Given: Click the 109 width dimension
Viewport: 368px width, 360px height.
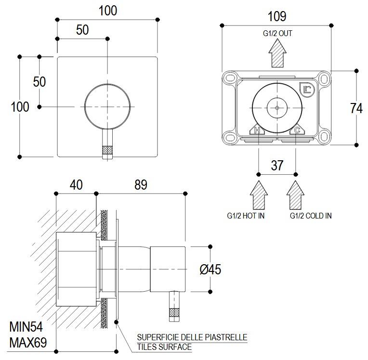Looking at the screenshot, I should tap(277, 16).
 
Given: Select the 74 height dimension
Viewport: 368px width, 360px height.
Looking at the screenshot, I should tap(356, 108).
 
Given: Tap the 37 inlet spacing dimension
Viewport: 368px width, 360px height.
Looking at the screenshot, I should tap(277, 165).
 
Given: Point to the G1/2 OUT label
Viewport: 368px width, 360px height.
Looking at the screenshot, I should tap(277, 34).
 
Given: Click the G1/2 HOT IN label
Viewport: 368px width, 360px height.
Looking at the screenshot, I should tap(246, 216).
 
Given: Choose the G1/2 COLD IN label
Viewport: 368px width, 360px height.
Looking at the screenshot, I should tap(310, 216).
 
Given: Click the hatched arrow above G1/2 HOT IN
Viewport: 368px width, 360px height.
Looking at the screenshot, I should tap(259, 194).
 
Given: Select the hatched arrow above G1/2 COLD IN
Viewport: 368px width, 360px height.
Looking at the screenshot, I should tap(296, 194).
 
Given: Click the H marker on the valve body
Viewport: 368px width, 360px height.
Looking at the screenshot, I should tap(257, 130).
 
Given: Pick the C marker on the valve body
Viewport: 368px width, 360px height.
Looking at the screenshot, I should tap(297, 130).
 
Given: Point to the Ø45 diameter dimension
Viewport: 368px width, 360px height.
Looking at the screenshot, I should tap(210, 270).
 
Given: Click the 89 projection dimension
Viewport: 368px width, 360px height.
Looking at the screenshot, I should tap(140, 184).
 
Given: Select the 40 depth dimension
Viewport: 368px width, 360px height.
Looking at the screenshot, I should tap(76, 184).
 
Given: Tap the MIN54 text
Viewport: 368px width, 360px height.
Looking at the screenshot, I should tap(26, 328).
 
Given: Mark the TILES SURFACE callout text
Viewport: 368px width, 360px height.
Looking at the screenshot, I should tap(164, 347).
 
